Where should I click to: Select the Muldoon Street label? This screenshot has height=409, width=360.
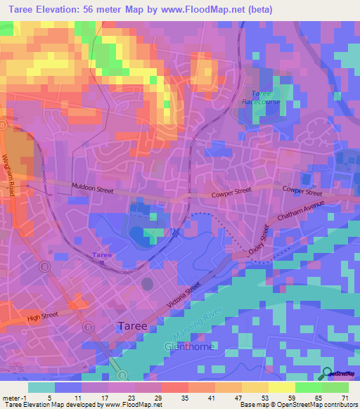click(92, 187)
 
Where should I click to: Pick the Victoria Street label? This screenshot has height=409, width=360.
click(180, 292)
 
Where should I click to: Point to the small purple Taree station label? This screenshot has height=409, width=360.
click(103, 254)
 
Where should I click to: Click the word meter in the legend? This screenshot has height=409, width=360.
click(11, 397)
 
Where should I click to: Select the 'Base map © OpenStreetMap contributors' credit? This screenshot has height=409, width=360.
click(299, 405)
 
